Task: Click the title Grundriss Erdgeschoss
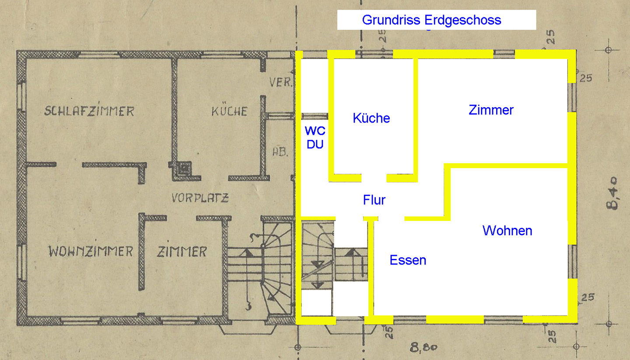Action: coord(431,20)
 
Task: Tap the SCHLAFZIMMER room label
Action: coord(89,111)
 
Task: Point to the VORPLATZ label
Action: coord(200,198)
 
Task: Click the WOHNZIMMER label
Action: coord(91,251)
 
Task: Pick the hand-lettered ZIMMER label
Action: coord(182,251)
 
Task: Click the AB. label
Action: coord(280,152)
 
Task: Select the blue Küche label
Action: coord(371,118)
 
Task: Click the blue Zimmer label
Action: coord(491,110)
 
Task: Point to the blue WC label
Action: coord(315,131)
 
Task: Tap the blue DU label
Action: coord(315,144)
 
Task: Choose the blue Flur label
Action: coord(374,200)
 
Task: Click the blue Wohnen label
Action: coord(507,231)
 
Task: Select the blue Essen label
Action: coord(408,260)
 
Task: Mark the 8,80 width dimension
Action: coord(423,347)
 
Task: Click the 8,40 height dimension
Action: coord(613,193)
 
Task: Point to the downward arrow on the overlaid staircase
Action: coord(318,264)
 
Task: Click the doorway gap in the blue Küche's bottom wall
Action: coord(374,178)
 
